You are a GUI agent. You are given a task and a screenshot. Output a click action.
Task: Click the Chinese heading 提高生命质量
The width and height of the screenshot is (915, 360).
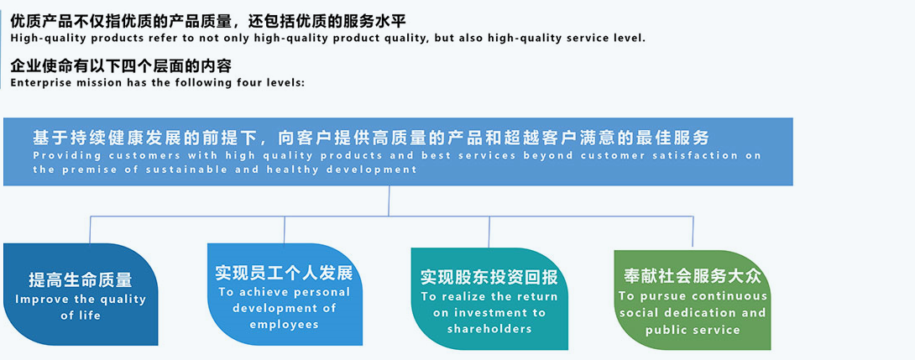pos(80,280)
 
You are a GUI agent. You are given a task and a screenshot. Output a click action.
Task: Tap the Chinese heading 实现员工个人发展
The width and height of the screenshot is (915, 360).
pos(284,274)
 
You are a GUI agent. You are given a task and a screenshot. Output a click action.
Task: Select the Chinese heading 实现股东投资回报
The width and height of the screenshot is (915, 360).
pos(489,278)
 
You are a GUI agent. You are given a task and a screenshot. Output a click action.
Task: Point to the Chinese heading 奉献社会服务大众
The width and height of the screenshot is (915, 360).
pos(693,276)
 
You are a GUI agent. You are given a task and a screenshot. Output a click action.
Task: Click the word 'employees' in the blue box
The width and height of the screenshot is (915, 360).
pos(285,325)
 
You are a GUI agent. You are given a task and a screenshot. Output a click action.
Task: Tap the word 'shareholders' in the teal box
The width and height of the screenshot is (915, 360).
pos(489,329)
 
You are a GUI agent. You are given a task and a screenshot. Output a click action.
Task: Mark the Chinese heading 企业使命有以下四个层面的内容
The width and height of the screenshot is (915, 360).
pos(121,66)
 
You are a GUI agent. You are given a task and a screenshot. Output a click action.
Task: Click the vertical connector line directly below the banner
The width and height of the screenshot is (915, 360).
pos(390,201)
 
